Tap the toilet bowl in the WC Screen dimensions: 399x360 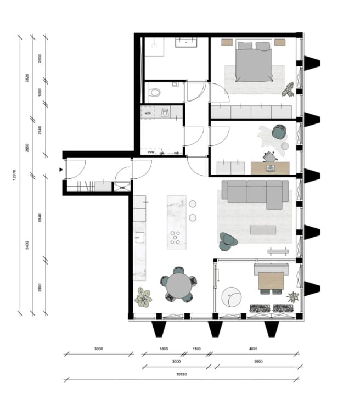[155, 92]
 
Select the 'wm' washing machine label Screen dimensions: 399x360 [147, 113]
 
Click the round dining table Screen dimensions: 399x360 [178, 285]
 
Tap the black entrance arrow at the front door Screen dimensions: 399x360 [61, 170]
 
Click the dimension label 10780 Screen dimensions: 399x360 [182, 374]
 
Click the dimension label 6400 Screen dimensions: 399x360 [27, 244]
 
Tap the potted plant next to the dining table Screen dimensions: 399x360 [144, 297]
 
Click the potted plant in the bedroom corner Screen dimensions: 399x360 [288, 89]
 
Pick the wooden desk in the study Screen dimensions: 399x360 [269, 167]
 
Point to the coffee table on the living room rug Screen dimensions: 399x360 [263, 229]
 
